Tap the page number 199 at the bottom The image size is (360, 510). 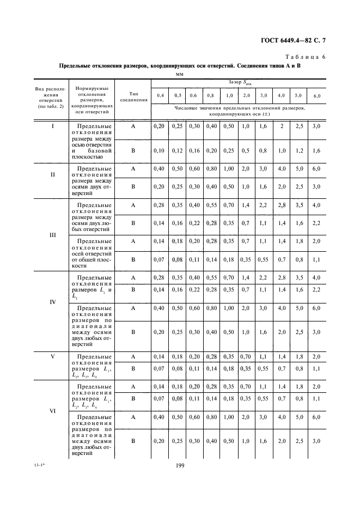click(180, 465)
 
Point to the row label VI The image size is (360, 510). click(53, 411)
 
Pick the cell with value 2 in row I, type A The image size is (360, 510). click(282, 126)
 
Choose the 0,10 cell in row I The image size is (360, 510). click(160, 150)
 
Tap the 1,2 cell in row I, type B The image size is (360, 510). click(299, 150)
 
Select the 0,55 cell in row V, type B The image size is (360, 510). click(264, 368)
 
